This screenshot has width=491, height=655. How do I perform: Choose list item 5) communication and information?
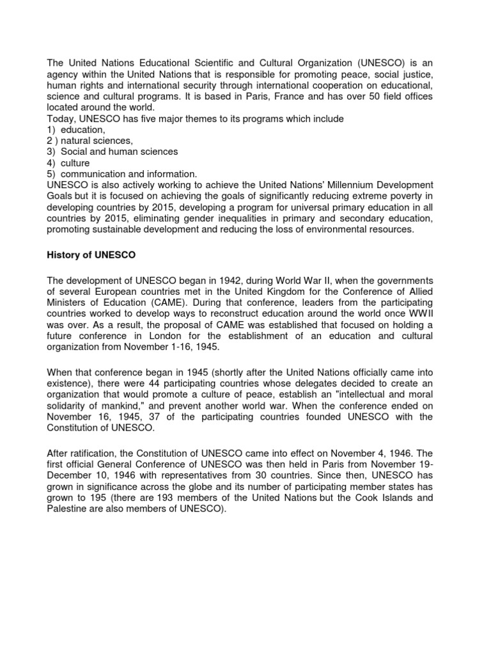coord(122,174)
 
